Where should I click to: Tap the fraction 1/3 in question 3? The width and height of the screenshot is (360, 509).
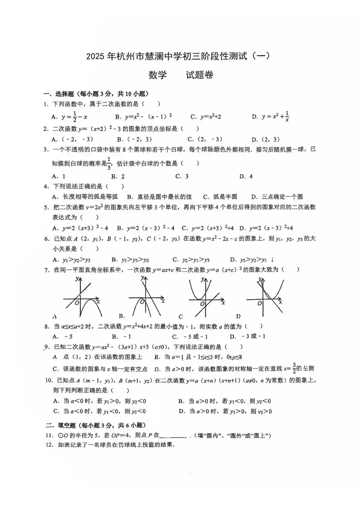109,163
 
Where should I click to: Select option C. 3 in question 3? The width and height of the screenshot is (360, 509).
182,176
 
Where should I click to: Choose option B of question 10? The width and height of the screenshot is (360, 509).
225,401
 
